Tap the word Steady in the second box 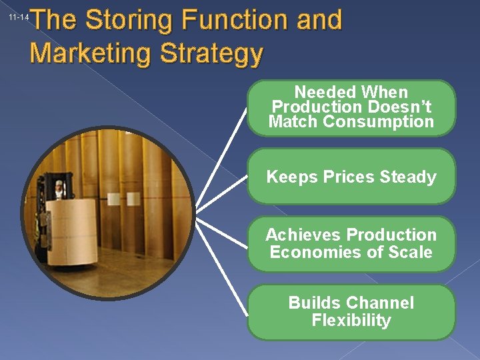click(x=407, y=177)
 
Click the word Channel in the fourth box click(x=380, y=303)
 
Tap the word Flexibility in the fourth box click(x=351, y=320)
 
